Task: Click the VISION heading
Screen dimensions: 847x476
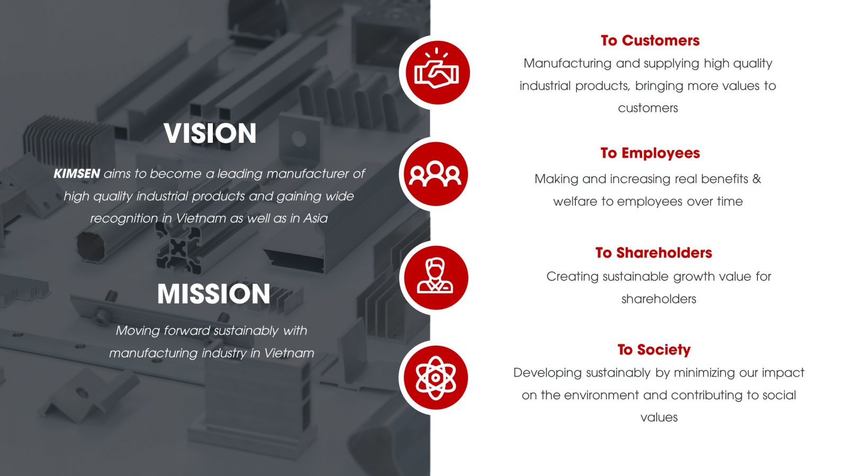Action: click(210, 133)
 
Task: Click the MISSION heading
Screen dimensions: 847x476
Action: click(214, 294)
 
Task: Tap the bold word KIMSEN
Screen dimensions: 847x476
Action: click(77, 174)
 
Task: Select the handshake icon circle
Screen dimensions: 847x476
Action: click(437, 72)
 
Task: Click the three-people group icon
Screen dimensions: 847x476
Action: click(436, 174)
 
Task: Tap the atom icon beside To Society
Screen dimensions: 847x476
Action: click(436, 378)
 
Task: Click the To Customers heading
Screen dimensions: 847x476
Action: click(650, 40)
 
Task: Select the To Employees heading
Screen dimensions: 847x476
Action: click(650, 153)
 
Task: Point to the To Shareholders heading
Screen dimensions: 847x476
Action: click(653, 253)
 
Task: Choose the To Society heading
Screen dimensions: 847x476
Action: click(654, 350)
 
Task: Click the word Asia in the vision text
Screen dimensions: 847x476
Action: click(316, 218)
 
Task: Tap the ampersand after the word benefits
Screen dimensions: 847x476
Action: click(756, 179)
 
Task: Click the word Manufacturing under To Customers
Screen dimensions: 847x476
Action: click(567, 63)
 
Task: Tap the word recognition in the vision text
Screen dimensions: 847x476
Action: click(124, 219)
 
